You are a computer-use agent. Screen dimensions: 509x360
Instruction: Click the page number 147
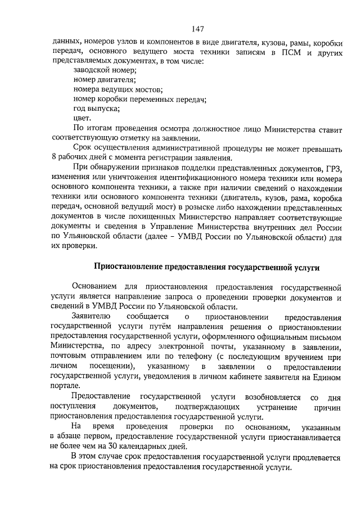[x=197, y=30]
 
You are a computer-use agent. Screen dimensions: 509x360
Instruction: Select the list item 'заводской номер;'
[x=104, y=70]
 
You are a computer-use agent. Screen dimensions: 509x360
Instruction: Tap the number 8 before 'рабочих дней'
[x=53, y=157]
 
